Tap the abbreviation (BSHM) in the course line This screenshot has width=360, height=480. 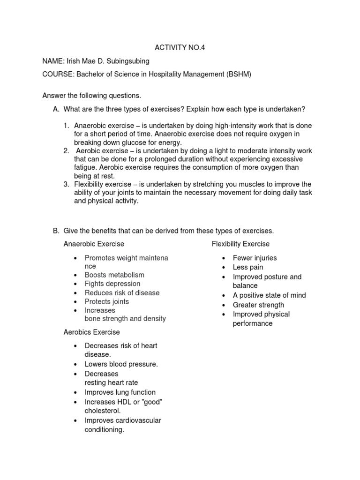point(236,74)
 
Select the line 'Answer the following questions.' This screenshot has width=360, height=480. point(91,96)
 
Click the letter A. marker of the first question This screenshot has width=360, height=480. point(56,109)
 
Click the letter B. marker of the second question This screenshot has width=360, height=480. point(56,231)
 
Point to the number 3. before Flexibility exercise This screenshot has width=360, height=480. point(67,184)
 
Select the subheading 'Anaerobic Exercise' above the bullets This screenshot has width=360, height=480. point(94,244)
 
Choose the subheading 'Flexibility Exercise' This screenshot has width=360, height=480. point(240,244)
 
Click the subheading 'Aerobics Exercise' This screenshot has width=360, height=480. point(92,332)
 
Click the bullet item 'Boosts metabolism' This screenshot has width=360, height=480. point(114,275)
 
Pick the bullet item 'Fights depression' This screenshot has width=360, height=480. point(112,284)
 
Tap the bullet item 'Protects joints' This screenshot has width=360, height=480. point(107,301)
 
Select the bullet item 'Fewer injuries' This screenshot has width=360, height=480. point(255,258)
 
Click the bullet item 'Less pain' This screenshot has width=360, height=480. point(248,267)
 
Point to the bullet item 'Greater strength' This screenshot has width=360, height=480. point(258,305)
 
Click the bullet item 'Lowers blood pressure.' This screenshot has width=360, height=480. point(121,364)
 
